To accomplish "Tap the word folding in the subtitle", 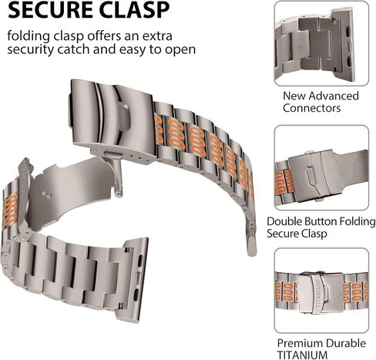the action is point(29,36).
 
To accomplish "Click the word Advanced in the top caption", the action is point(334,96).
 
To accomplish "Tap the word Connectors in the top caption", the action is point(312,108).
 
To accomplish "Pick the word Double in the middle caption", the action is point(285,221).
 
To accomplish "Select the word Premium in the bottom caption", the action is point(300,343).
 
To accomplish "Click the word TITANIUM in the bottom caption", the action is point(302,355).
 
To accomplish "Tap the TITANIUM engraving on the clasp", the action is point(318,294).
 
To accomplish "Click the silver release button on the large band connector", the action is point(137,278).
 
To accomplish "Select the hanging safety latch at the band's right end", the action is point(251,239).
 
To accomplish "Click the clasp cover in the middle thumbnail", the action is point(314,175).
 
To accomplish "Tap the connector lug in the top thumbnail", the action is point(343,44).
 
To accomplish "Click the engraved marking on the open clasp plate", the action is point(46,194).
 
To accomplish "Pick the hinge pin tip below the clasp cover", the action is point(118,194).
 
